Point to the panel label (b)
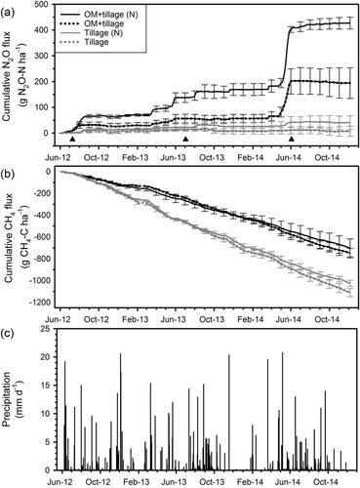(x=7, y=175)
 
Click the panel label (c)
(x=7, y=334)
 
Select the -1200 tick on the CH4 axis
(x=40, y=303)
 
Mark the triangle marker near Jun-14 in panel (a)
(x=292, y=139)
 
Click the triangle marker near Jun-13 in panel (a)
(x=185, y=139)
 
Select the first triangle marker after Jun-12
(x=72, y=139)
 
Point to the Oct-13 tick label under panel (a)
(x=212, y=158)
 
